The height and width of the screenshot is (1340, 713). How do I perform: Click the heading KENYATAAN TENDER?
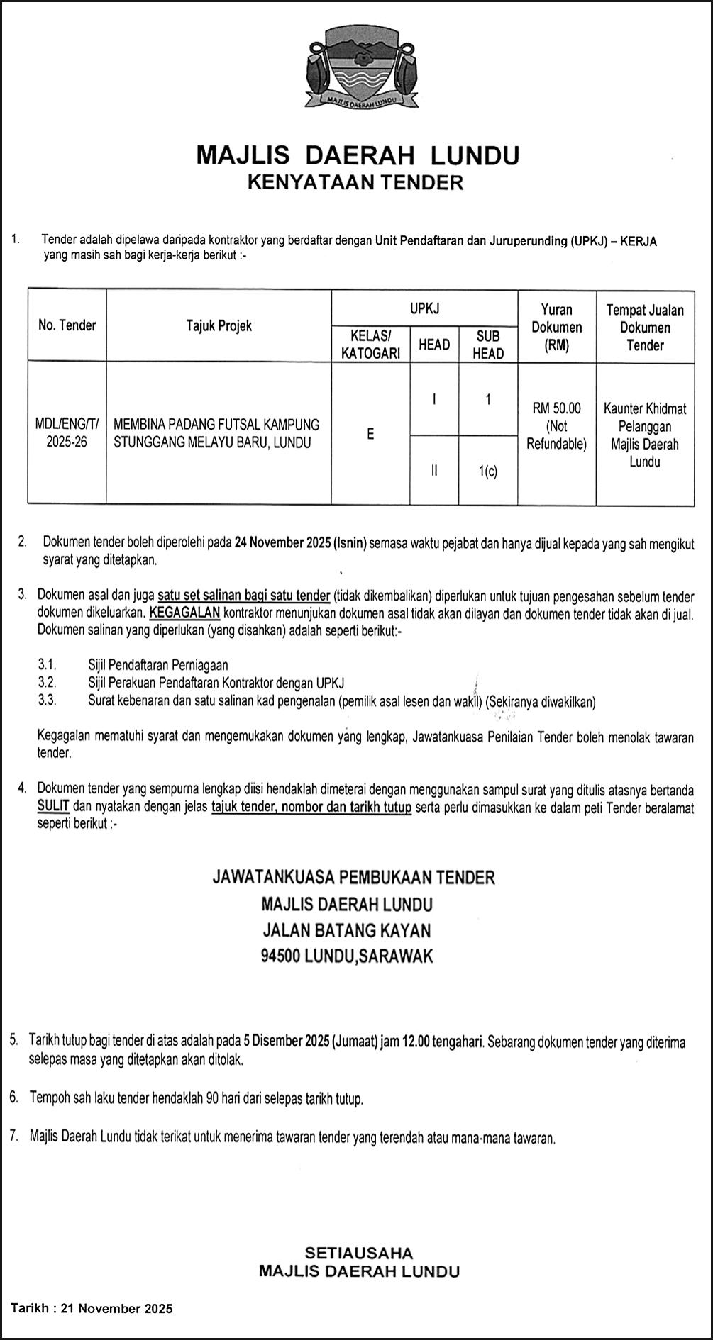[x=355, y=182]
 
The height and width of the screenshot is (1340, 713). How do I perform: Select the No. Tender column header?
[x=67, y=325]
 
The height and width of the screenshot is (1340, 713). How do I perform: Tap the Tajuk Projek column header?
[x=219, y=325]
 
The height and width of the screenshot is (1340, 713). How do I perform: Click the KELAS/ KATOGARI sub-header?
[x=370, y=345]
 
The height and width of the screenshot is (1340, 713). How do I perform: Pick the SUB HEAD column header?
[x=488, y=345]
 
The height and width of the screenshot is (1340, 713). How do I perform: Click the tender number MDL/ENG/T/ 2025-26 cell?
[x=67, y=433]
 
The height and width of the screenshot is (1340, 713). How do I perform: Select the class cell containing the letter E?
[x=370, y=434]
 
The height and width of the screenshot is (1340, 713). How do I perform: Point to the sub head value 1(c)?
[x=488, y=470]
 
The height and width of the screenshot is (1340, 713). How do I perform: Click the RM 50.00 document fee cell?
[x=557, y=426]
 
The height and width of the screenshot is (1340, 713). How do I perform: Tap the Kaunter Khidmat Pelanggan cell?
[x=645, y=435]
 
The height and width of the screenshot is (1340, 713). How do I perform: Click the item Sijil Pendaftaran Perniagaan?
[x=158, y=665]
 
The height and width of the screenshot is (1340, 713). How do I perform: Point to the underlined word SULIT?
[x=53, y=807]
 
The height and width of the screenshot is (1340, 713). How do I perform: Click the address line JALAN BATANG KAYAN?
[x=347, y=929]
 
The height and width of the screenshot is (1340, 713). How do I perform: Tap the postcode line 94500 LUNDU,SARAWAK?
[x=347, y=956]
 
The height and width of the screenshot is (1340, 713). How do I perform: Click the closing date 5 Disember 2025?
[x=285, y=1042]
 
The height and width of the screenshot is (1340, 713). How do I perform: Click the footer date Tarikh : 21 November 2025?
[x=92, y=1308]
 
